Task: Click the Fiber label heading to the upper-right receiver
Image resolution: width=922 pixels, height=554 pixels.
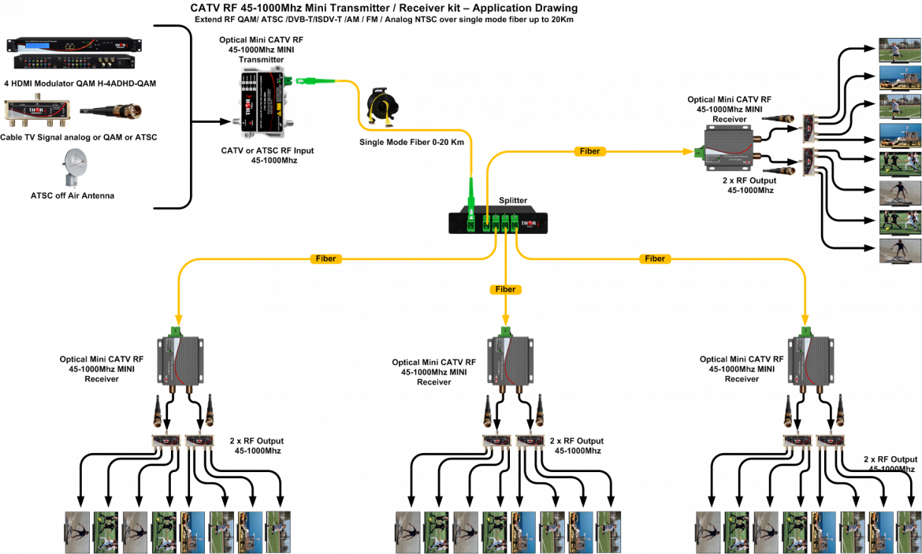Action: pos(589,151)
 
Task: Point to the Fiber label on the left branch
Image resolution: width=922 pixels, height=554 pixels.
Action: pos(325,258)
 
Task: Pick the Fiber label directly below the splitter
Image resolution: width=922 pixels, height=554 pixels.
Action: pos(505,289)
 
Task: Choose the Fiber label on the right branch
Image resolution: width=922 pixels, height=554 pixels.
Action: pos(655,258)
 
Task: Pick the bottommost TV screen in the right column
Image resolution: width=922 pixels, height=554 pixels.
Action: pos(899,251)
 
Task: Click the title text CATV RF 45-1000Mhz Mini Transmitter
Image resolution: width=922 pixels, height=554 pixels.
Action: pos(384,8)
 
